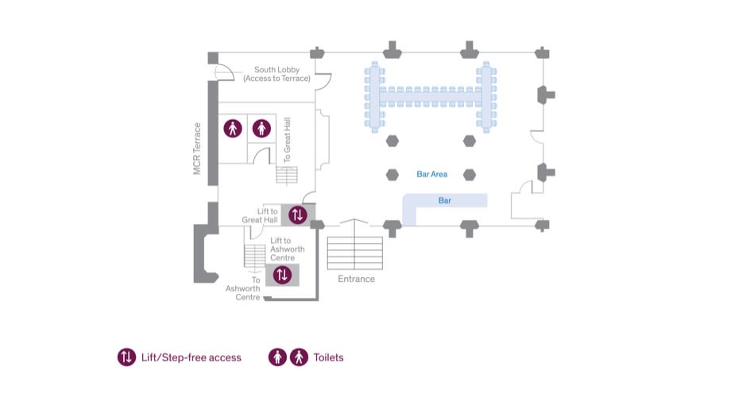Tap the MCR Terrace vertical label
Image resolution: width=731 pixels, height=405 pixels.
(x=197, y=148)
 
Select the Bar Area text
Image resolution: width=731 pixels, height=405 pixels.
(x=432, y=174)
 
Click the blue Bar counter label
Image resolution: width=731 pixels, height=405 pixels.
(x=445, y=201)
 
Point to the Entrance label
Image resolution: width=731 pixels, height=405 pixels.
(x=356, y=279)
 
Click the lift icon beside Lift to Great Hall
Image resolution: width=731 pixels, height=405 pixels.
(x=297, y=214)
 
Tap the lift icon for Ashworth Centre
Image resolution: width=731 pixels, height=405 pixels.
(x=282, y=275)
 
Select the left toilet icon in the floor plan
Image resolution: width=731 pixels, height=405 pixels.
(x=232, y=128)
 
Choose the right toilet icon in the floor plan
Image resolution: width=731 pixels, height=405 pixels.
(x=261, y=128)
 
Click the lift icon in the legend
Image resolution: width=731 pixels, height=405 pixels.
(x=126, y=357)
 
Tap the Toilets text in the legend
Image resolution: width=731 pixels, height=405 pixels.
(x=328, y=357)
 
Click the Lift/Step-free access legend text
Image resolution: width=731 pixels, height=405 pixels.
(x=191, y=357)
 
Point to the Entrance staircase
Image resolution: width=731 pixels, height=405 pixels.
(x=355, y=253)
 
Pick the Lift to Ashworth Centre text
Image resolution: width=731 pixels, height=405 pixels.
(x=287, y=249)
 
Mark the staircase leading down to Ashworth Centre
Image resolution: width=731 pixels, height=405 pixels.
(x=254, y=256)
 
